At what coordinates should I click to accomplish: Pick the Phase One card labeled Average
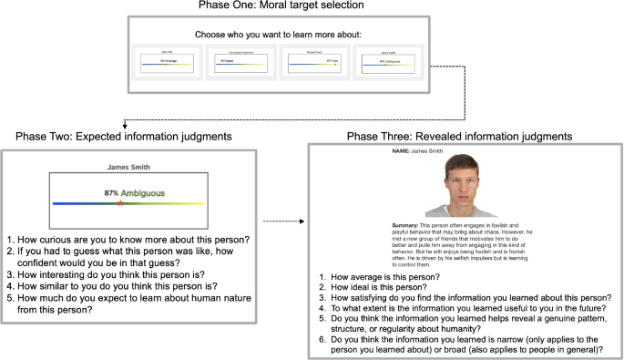pyautogui.click(x=167, y=61)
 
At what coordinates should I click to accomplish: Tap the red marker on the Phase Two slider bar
pyautogui.click(x=118, y=203)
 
